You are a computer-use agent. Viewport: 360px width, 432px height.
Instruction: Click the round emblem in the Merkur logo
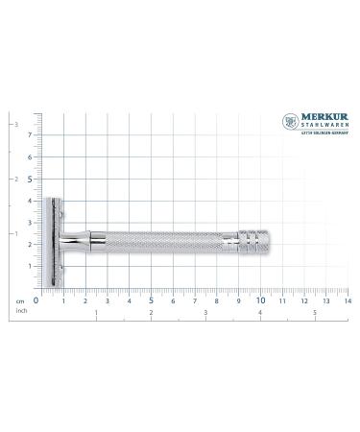coord(290,122)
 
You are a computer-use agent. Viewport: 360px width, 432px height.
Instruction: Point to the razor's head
coord(54,244)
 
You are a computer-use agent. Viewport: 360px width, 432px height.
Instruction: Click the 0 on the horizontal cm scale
coord(36,300)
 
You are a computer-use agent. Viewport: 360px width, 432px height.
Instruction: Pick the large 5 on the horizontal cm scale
coord(151,300)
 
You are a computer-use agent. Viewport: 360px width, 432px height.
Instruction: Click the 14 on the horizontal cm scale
coord(347,300)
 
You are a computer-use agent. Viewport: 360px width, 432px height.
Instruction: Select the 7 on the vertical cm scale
coord(29,135)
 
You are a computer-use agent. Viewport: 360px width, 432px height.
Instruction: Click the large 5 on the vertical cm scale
coord(28,178)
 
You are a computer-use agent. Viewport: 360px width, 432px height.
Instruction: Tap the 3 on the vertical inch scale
coord(12,125)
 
